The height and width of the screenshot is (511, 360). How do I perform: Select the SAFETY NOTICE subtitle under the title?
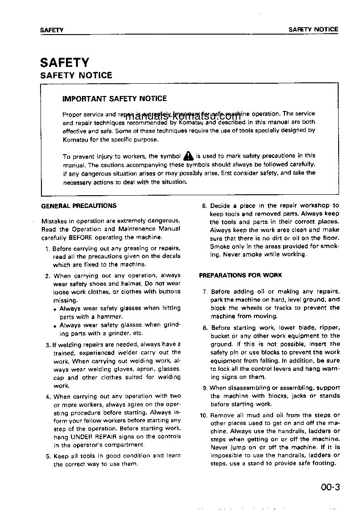click(76, 76)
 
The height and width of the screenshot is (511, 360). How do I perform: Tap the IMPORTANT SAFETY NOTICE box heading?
click(115, 98)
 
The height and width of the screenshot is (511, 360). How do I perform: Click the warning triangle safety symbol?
click(188, 156)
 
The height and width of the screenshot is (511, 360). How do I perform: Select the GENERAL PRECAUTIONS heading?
click(79, 206)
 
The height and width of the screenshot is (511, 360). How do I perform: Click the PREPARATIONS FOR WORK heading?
click(240, 275)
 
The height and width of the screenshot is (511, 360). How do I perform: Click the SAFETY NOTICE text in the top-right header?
click(314, 30)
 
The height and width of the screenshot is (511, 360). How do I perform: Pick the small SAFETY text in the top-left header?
click(51, 30)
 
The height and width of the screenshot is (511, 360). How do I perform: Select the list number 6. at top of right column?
click(205, 206)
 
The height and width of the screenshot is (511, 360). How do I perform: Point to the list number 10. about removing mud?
click(204, 415)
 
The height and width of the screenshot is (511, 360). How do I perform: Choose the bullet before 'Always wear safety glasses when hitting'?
click(55, 309)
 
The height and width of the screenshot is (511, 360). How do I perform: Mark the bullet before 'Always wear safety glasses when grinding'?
click(55, 326)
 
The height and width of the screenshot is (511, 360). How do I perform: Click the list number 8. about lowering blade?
click(205, 328)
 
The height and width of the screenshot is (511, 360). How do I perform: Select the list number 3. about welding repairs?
click(48, 344)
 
